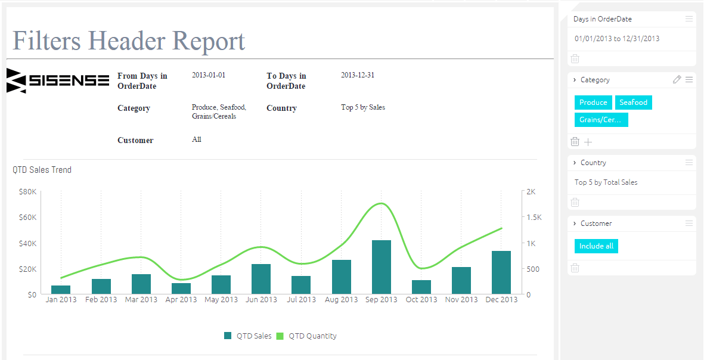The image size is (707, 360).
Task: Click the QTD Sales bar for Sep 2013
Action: (382, 267)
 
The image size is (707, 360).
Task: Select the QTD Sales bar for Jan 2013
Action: (61, 290)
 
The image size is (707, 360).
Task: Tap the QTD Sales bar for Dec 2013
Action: (501, 272)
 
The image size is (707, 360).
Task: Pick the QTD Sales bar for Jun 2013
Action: (261, 280)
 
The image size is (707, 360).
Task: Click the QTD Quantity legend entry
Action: (306, 336)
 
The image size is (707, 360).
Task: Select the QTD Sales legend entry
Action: (248, 336)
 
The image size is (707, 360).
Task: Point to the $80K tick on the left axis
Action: (28, 192)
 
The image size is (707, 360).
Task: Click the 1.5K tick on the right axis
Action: (534, 217)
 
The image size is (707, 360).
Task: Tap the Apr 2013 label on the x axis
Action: (181, 300)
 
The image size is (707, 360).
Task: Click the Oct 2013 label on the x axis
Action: (421, 300)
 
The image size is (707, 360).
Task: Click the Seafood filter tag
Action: (634, 103)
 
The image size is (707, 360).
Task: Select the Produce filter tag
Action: (593, 103)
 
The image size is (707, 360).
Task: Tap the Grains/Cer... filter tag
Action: (601, 120)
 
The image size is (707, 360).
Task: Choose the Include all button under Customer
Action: (596, 246)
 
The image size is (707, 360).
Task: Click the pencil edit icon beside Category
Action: (677, 80)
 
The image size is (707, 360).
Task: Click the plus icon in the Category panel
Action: (588, 142)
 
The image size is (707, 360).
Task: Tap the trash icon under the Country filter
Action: (575, 202)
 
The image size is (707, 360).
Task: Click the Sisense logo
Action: (58, 80)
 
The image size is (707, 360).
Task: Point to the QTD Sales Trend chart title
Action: (42, 170)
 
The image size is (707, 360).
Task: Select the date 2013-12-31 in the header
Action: (358, 75)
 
